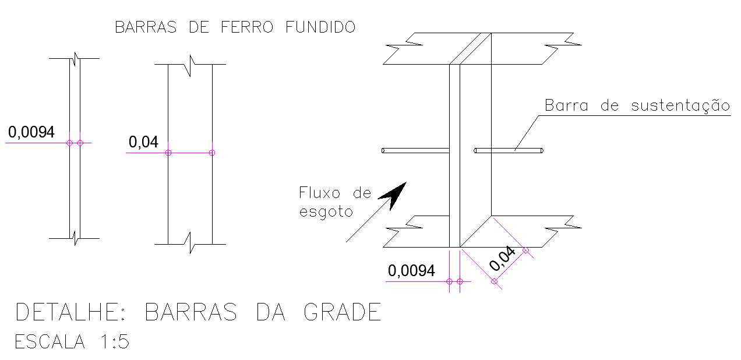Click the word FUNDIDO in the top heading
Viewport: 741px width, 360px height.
click(x=320, y=27)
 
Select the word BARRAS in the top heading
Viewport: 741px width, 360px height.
click(x=146, y=27)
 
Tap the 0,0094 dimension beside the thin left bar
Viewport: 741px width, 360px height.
click(x=31, y=132)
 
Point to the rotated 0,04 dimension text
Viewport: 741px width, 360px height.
click(x=503, y=259)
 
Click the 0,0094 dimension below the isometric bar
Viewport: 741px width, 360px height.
click(x=411, y=271)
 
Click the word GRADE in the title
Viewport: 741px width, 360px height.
click(x=343, y=313)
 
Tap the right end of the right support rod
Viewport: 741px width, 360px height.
click(x=542, y=151)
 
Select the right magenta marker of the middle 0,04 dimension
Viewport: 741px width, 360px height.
click(x=212, y=153)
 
